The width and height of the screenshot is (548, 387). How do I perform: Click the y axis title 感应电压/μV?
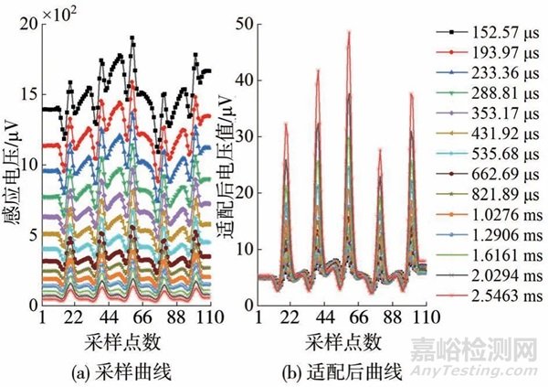(x=11, y=165)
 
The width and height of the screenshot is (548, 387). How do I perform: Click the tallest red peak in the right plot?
(x=348, y=34)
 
